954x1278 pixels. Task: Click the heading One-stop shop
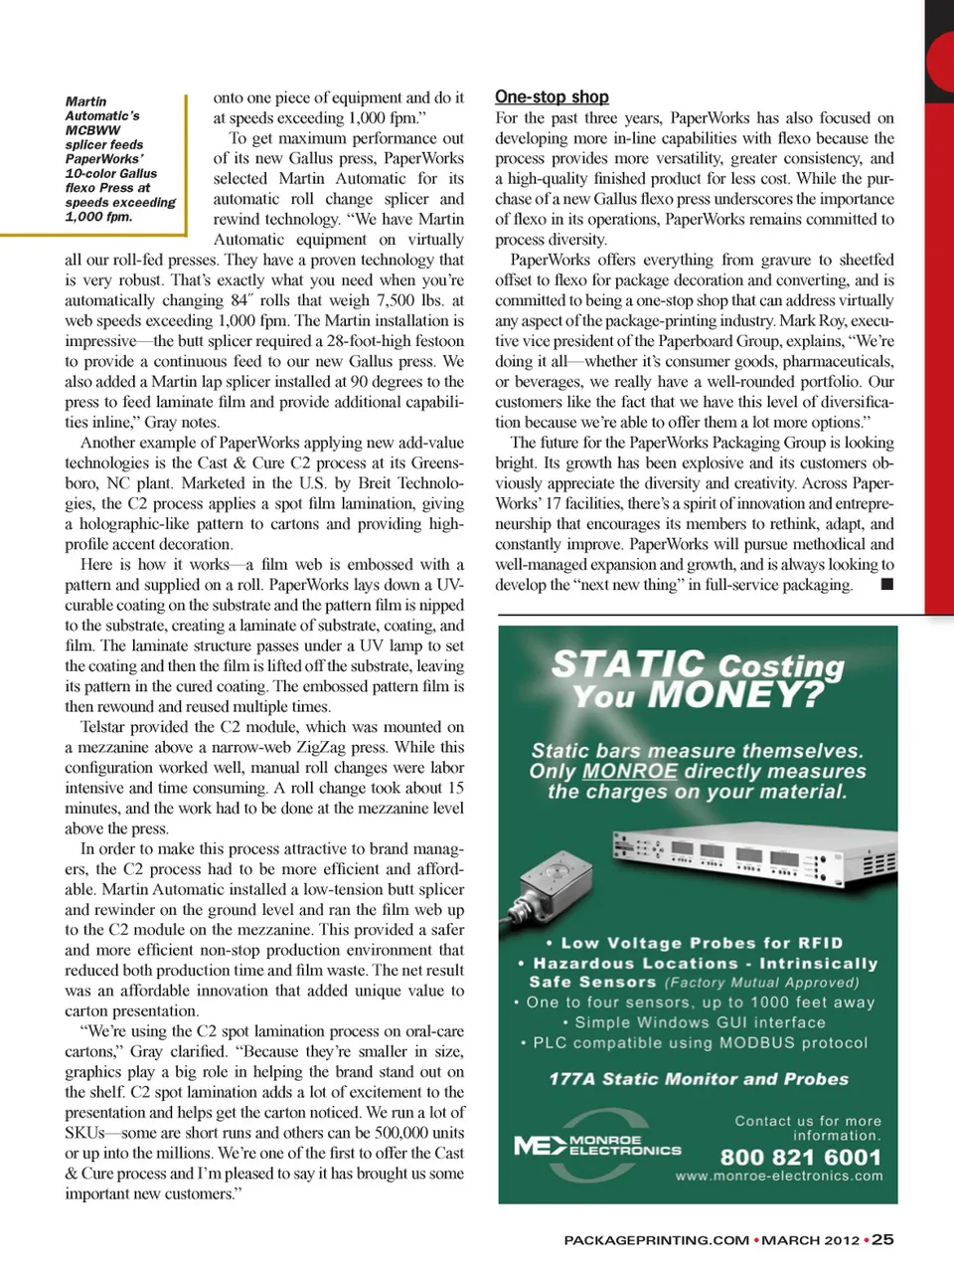pyautogui.click(x=552, y=96)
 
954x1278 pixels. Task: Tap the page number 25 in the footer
pyautogui.click(x=882, y=1239)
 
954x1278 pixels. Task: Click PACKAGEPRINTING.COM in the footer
pyautogui.click(x=656, y=1240)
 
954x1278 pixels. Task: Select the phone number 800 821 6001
pyautogui.click(x=800, y=1157)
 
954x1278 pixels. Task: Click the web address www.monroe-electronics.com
pyautogui.click(x=779, y=1176)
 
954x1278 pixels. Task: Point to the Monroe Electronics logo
pyautogui.click(x=597, y=1146)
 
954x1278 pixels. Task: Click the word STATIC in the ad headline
pyautogui.click(x=628, y=663)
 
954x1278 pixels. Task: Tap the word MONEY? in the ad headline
pyautogui.click(x=735, y=694)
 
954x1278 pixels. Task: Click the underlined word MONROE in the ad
pyautogui.click(x=630, y=772)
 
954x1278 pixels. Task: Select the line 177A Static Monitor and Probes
pyautogui.click(x=699, y=1079)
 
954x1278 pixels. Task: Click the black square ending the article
pyautogui.click(x=886, y=584)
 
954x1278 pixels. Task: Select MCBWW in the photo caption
pyautogui.click(x=92, y=130)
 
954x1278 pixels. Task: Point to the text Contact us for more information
pyautogui.click(x=807, y=1128)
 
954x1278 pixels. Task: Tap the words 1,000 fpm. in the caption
pyautogui.click(x=98, y=217)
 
